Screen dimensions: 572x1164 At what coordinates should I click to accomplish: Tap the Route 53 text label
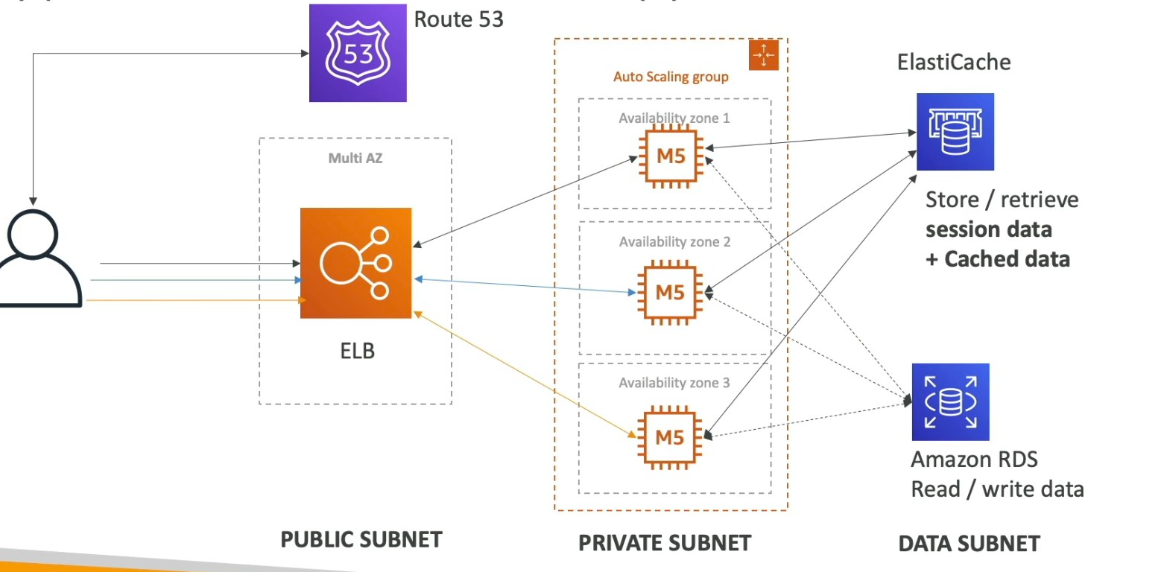458,19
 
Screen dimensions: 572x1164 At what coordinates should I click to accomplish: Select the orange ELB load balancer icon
355,263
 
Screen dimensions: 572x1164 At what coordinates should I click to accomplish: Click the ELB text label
353,349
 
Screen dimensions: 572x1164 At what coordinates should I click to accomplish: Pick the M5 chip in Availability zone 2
669,293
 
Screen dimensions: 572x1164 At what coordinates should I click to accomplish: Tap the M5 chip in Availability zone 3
669,437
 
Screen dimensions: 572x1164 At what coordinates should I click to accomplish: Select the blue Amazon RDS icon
950,401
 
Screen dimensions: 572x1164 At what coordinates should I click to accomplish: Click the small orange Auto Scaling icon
763,55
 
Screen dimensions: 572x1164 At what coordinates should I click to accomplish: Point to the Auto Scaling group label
671,77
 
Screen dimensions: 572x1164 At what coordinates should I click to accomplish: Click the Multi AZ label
355,158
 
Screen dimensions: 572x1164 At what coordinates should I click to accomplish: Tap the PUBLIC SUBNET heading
361,540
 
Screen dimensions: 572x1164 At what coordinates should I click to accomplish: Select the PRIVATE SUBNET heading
665,543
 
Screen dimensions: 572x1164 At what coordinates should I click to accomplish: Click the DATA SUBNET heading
969,544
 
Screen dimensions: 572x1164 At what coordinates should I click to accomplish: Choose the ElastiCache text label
955,62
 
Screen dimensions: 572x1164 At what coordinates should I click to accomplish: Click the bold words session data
989,229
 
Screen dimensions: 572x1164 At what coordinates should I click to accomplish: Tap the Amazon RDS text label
964,459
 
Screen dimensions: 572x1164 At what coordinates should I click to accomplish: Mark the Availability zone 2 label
674,242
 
